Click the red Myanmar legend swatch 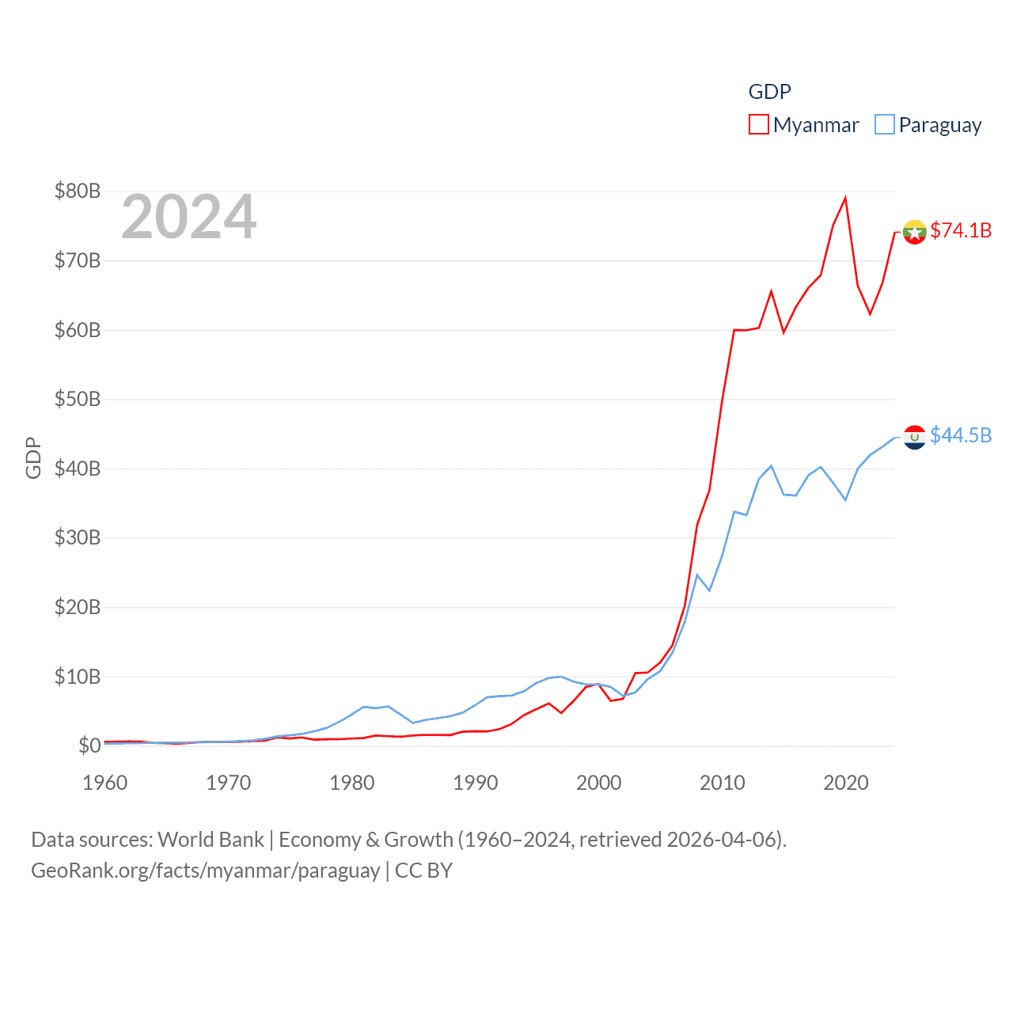758,125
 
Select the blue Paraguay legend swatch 884,125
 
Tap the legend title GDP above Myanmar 769,92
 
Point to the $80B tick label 78,191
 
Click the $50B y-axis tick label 78,399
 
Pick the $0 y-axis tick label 89,746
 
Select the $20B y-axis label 78,607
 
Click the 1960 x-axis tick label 105,783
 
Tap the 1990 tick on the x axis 476,783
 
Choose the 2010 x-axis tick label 723,783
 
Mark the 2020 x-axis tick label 846,783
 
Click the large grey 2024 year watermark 188,217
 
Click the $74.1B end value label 961,230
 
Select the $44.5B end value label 961,435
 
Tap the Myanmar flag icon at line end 915,232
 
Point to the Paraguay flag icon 915,437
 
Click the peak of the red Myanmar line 846,198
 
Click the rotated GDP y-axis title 33,457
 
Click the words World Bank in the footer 211,840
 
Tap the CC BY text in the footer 423,871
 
